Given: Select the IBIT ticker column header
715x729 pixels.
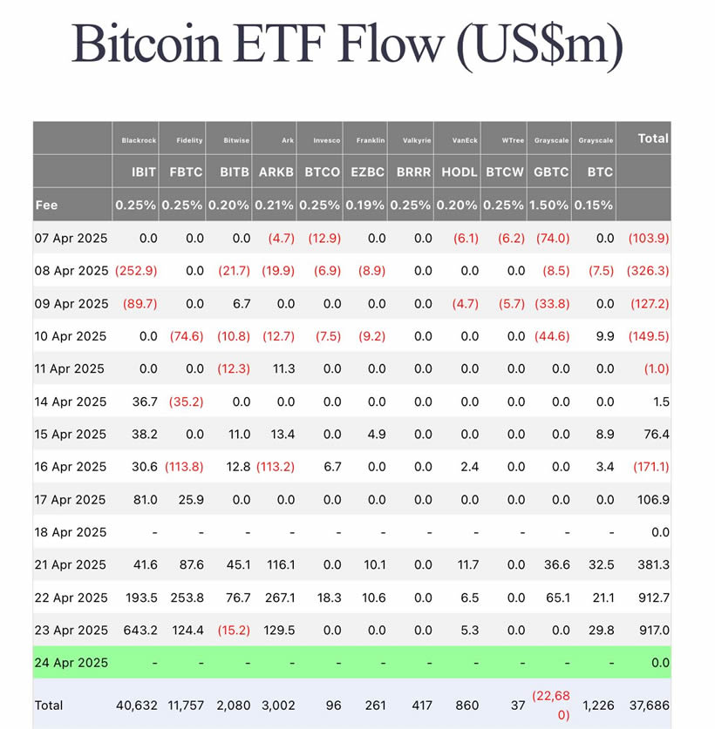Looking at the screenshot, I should point(138,172).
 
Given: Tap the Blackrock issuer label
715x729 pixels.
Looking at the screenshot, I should point(138,140).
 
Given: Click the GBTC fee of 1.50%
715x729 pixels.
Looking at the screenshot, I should point(551,206).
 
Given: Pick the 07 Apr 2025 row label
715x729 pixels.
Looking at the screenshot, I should point(71,238).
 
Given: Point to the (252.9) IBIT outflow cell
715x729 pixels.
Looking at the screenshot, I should point(136,271).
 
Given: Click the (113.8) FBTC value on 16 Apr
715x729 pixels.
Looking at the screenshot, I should point(184,467).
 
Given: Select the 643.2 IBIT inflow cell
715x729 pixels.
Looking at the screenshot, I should point(140,630).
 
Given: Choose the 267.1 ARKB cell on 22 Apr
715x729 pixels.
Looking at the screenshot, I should point(278,597).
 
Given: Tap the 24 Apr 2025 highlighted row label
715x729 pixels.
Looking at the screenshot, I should point(71,663).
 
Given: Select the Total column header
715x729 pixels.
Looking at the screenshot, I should point(653,138).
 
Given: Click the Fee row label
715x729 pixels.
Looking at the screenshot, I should point(46,206).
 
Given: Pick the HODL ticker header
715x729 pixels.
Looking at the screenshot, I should point(459,172).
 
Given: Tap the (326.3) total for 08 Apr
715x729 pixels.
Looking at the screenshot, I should point(648,271).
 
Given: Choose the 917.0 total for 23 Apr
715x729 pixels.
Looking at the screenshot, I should point(653,630).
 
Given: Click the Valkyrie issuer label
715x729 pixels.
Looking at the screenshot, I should point(416,140).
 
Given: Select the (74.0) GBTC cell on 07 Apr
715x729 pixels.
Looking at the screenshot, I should point(551,238).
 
